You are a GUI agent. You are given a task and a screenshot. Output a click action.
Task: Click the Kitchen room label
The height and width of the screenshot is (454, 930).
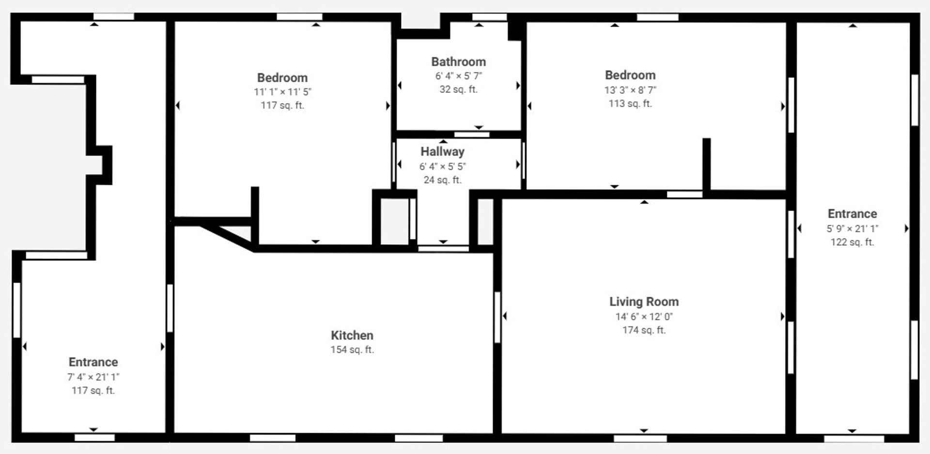[352, 335]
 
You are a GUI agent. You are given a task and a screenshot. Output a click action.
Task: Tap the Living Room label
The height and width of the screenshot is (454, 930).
[644, 302]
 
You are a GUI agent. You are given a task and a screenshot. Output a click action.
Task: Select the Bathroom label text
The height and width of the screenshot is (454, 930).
[458, 62]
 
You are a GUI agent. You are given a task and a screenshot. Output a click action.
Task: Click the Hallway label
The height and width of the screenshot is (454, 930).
[442, 152]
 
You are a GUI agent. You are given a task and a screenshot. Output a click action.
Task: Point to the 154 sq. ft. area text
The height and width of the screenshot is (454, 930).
[352, 349]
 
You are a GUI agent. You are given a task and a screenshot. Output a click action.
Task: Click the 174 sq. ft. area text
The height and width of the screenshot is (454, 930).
[644, 330]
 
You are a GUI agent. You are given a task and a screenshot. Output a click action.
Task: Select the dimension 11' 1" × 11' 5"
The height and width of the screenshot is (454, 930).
[282, 92]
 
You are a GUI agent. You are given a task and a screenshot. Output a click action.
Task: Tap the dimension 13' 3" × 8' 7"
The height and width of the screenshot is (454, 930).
[630, 90]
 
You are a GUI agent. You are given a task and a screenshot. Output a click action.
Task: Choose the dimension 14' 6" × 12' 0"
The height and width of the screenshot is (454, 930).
[644, 317]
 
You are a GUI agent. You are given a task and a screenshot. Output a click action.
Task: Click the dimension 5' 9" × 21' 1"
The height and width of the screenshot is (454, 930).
[852, 228]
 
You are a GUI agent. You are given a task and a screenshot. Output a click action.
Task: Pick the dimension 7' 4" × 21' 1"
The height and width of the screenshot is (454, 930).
[93, 377]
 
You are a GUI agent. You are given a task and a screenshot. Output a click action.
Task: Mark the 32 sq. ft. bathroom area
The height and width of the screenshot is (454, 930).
[458, 90]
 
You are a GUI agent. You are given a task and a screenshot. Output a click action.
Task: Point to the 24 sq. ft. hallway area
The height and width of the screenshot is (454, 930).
[442, 180]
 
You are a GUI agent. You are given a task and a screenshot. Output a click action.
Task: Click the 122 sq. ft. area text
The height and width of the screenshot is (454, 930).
[852, 242]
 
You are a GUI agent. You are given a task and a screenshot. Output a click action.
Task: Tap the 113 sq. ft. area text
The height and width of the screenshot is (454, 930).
[630, 104]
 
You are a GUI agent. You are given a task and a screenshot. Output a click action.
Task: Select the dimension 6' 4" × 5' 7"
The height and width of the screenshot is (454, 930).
[458, 76]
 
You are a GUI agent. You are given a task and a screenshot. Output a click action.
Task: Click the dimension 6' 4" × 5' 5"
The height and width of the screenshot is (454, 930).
[442, 166]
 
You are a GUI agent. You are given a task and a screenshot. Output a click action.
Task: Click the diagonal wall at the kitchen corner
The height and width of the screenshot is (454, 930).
[227, 237]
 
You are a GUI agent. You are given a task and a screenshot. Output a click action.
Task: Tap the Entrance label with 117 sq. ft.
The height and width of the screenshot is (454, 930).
[93, 363]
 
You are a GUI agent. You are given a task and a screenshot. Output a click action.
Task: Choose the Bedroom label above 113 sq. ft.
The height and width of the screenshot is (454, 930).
[630, 76]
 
